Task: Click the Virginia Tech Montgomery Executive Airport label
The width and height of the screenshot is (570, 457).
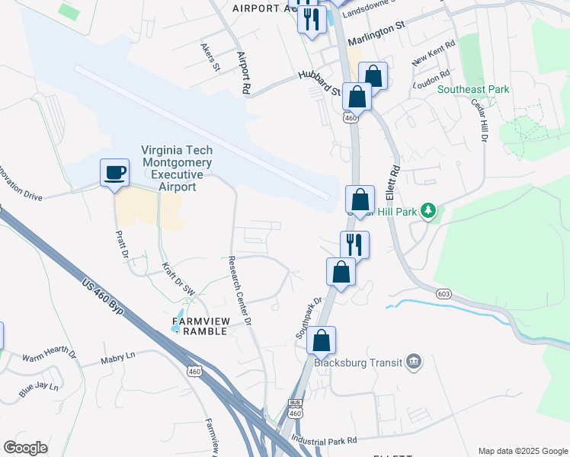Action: (176, 168)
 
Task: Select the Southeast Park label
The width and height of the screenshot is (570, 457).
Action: (473, 89)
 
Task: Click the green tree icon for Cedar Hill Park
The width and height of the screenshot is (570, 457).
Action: (428, 210)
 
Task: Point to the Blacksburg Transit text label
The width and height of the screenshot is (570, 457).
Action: (365, 363)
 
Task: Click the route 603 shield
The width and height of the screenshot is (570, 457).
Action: (444, 293)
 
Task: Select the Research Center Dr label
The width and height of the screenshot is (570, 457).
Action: (240, 289)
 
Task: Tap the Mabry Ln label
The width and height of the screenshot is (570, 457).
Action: (119, 356)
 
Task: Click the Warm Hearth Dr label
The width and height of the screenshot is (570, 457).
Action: (50, 356)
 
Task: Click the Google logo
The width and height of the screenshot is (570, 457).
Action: (26, 448)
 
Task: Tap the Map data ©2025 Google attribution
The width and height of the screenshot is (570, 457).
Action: (523, 451)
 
